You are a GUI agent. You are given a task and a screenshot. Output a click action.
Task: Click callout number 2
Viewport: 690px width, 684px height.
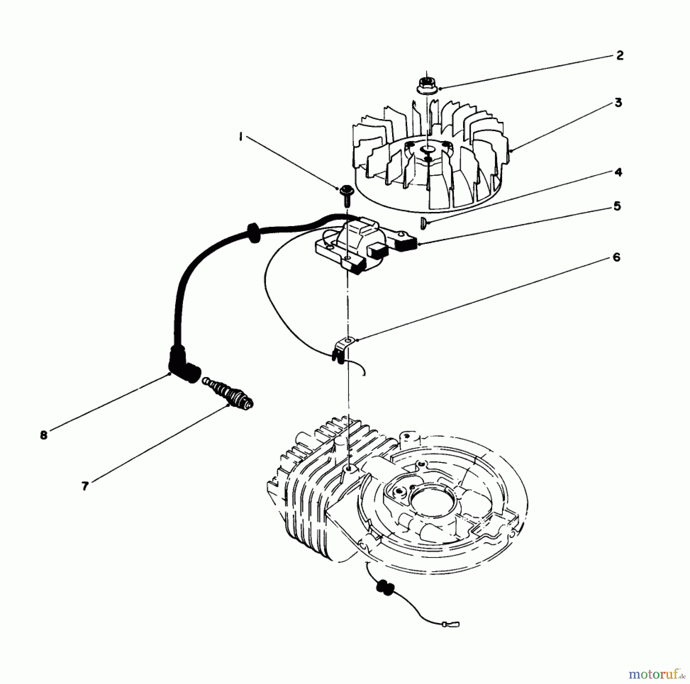[x=620, y=56]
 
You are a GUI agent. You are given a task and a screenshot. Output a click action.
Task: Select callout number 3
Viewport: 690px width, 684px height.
[x=618, y=103]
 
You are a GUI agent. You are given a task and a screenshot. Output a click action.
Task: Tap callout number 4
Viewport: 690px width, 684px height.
[x=618, y=172]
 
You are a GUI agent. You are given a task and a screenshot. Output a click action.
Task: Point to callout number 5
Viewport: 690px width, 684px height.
[x=617, y=207]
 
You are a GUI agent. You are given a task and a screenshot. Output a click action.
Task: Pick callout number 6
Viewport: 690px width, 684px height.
[x=616, y=257]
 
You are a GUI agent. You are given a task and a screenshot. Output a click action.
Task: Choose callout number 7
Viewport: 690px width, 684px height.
[x=85, y=486]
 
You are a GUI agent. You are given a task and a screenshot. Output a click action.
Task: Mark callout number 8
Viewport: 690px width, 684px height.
[x=43, y=435]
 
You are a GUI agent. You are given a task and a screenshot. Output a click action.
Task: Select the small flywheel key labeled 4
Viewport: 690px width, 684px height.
[x=423, y=222]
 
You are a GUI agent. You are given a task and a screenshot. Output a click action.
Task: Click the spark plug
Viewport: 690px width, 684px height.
[x=230, y=393]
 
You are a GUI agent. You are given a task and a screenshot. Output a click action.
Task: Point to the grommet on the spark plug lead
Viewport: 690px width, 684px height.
[x=253, y=233]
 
